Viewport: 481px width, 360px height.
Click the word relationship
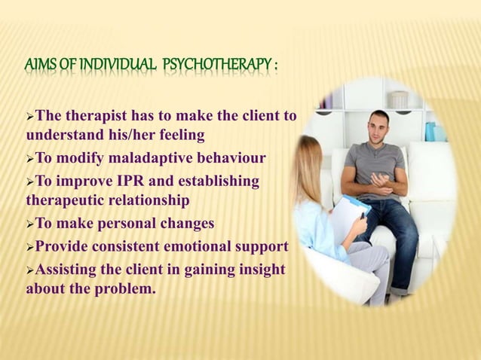point(151,200)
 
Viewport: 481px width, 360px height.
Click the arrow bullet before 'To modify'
point(30,159)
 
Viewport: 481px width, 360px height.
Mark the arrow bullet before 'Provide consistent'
point(30,246)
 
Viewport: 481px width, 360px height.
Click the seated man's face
point(379,125)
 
